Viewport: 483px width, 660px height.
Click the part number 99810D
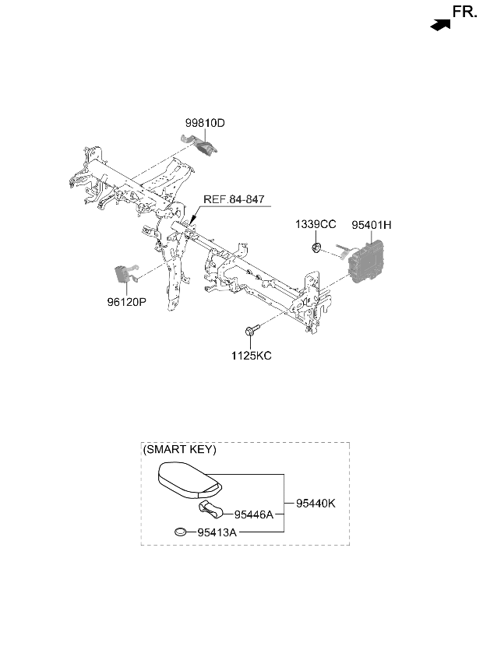(x=205, y=123)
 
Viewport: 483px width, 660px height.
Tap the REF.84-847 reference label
(x=234, y=199)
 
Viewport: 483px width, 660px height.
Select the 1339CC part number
(x=316, y=224)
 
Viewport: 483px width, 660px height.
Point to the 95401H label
(x=372, y=225)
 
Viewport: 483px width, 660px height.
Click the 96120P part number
(x=127, y=302)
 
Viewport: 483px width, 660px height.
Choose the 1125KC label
(x=251, y=356)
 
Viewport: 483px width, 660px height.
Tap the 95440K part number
(x=316, y=503)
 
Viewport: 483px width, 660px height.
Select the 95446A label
(x=254, y=514)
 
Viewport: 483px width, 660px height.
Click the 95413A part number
(x=217, y=532)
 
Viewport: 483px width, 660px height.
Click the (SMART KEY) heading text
(x=179, y=450)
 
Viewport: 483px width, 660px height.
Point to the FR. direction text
(x=465, y=12)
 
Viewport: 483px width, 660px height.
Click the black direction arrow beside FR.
(x=440, y=25)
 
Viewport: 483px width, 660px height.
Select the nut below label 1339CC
(x=316, y=247)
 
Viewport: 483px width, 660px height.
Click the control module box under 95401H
(x=365, y=261)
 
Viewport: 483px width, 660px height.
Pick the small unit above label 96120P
(x=125, y=274)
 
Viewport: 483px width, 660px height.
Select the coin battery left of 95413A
(x=181, y=532)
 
